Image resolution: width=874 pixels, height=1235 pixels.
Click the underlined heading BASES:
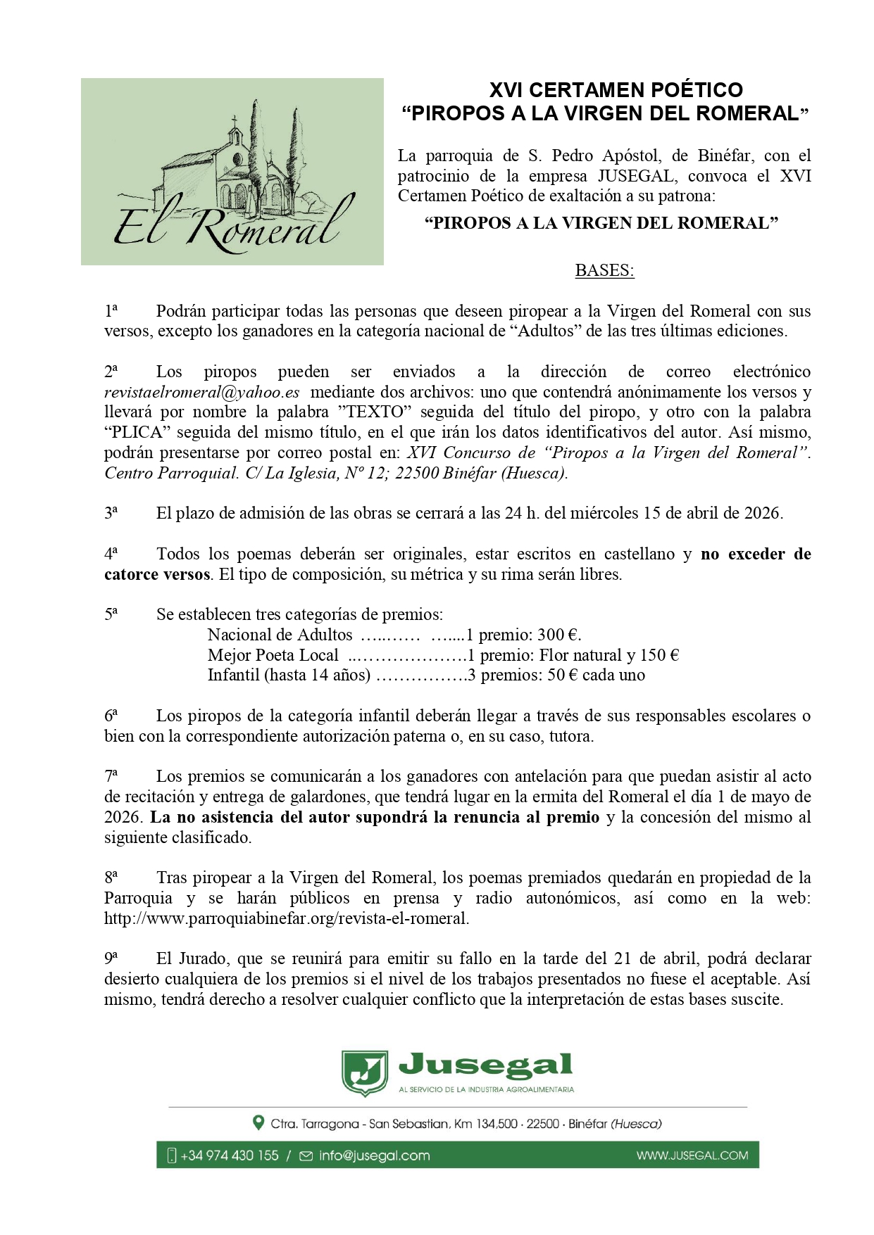604,270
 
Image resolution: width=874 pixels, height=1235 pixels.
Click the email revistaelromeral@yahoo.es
202,393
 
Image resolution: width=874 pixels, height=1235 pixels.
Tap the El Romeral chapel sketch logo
232,172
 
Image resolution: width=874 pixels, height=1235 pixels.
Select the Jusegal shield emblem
364,1073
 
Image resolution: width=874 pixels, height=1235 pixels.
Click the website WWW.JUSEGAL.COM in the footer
692,1155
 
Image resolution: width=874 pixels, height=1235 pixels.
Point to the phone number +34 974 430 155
230,1155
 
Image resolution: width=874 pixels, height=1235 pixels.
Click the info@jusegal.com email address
374,1155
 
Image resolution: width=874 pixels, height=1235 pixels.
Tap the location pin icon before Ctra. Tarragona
258,1123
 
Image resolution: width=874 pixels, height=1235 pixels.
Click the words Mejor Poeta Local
273,655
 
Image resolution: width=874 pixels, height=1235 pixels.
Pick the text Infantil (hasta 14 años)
289,676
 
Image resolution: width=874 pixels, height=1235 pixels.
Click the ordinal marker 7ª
111,776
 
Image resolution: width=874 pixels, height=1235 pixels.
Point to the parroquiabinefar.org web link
286,918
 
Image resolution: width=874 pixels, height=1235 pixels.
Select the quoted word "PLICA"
137,433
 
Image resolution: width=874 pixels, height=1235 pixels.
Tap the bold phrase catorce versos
157,574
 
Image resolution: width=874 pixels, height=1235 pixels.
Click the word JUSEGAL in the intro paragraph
637,176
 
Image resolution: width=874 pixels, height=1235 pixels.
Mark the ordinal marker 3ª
111,513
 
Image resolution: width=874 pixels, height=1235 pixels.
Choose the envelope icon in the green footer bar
306,1155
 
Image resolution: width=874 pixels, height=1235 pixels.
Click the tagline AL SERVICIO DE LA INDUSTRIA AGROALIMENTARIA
486,1090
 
